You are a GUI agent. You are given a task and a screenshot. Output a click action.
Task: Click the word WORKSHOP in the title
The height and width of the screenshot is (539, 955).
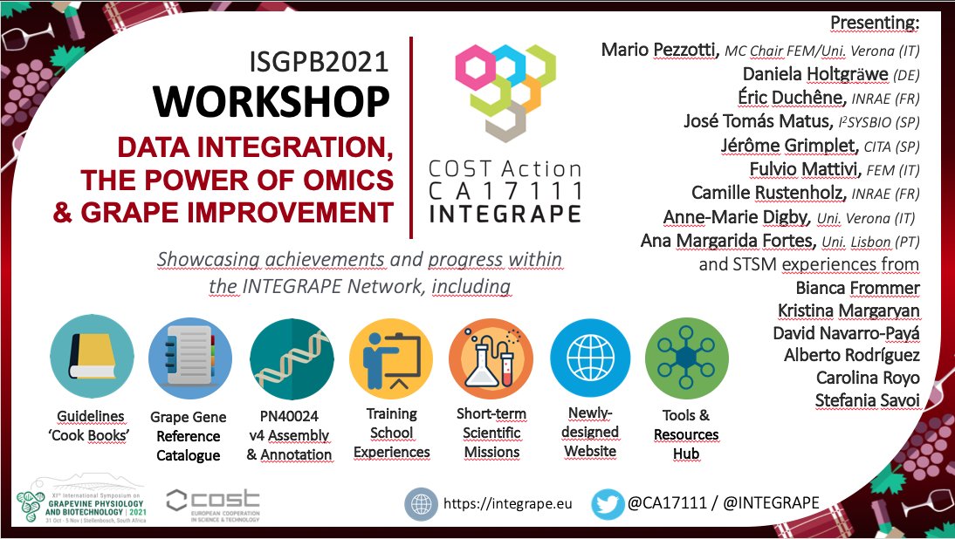point(271,103)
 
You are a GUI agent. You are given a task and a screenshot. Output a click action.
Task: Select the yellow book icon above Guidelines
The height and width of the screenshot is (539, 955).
point(93,358)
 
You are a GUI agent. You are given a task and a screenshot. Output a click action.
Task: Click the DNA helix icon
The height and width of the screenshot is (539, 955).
point(292,358)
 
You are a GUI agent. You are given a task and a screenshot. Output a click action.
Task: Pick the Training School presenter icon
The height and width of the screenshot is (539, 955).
point(391,358)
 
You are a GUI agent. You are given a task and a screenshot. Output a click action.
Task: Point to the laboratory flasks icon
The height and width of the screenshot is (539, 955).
point(491,358)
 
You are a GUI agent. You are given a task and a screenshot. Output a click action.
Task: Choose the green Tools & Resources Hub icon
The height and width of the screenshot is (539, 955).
point(686,358)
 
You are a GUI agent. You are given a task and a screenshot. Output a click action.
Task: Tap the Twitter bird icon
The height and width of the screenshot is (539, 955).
point(608,503)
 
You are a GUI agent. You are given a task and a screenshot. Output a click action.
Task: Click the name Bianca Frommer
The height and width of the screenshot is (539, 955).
point(857,287)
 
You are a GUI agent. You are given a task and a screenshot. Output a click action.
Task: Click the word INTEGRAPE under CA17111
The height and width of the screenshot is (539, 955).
point(505,213)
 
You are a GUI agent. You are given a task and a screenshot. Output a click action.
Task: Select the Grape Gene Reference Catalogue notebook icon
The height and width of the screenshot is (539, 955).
point(191,358)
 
